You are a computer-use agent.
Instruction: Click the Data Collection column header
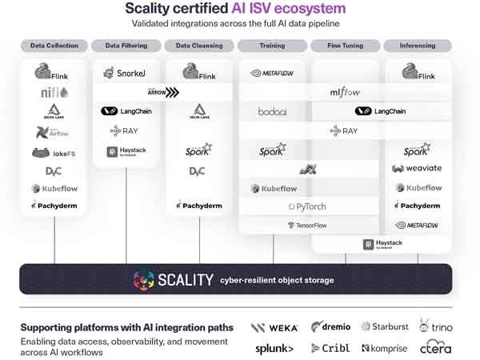pyautogui.click(x=54, y=46)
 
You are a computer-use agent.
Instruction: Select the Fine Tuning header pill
pyautogui.click(x=345, y=46)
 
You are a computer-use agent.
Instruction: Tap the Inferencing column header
pyautogui.click(x=417, y=46)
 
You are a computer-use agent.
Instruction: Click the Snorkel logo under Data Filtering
pyautogui.click(x=126, y=74)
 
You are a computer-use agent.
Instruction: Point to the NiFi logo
pyautogui.click(x=54, y=93)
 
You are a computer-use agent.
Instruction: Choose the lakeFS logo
pyautogui.click(x=54, y=152)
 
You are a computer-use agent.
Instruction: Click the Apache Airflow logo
pyautogui.click(x=54, y=132)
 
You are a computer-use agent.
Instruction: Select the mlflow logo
pyautogui.click(x=345, y=93)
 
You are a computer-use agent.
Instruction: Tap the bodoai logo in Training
pyautogui.click(x=273, y=111)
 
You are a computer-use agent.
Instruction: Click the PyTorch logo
pyautogui.click(x=308, y=206)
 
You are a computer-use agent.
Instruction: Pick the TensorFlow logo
pyautogui.click(x=308, y=226)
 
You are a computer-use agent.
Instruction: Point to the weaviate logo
pyautogui.click(x=417, y=169)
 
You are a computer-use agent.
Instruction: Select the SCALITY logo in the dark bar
pyautogui.click(x=174, y=280)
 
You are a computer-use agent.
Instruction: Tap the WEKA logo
pyautogui.click(x=274, y=327)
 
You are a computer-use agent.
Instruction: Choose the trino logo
pyautogui.click(x=436, y=326)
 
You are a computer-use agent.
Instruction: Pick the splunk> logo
pyautogui.click(x=274, y=348)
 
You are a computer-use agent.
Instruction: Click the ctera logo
pyautogui.click(x=436, y=348)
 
